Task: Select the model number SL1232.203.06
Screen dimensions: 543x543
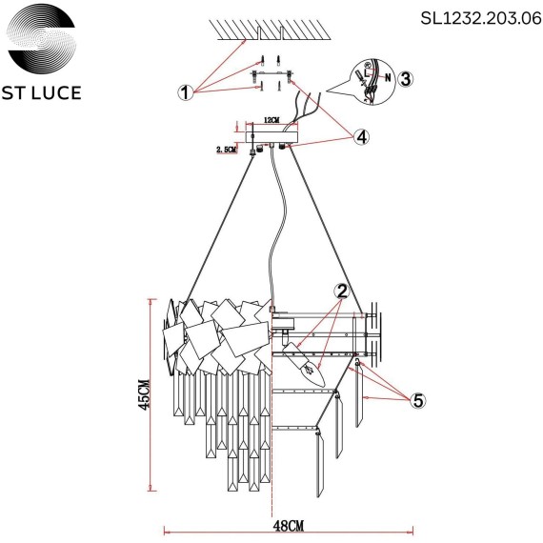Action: point(474,16)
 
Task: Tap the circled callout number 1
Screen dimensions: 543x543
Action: point(185,92)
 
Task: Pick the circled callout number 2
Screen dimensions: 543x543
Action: point(341,292)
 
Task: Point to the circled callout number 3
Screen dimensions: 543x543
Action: point(404,79)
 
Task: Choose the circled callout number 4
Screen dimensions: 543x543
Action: point(360,137)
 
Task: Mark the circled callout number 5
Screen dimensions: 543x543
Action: point(416,400)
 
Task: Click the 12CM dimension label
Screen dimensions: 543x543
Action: point(271,122)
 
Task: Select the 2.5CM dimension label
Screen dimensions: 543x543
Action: point(227,150)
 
